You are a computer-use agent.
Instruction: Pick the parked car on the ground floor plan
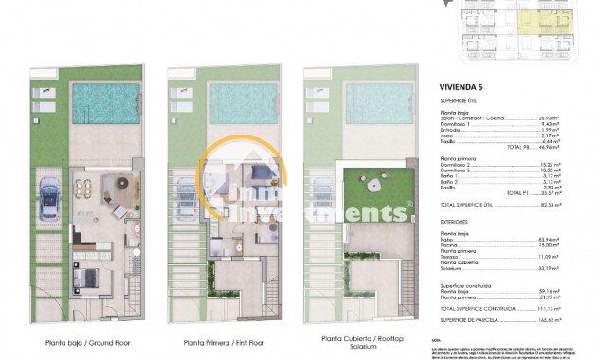click(51, 195)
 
